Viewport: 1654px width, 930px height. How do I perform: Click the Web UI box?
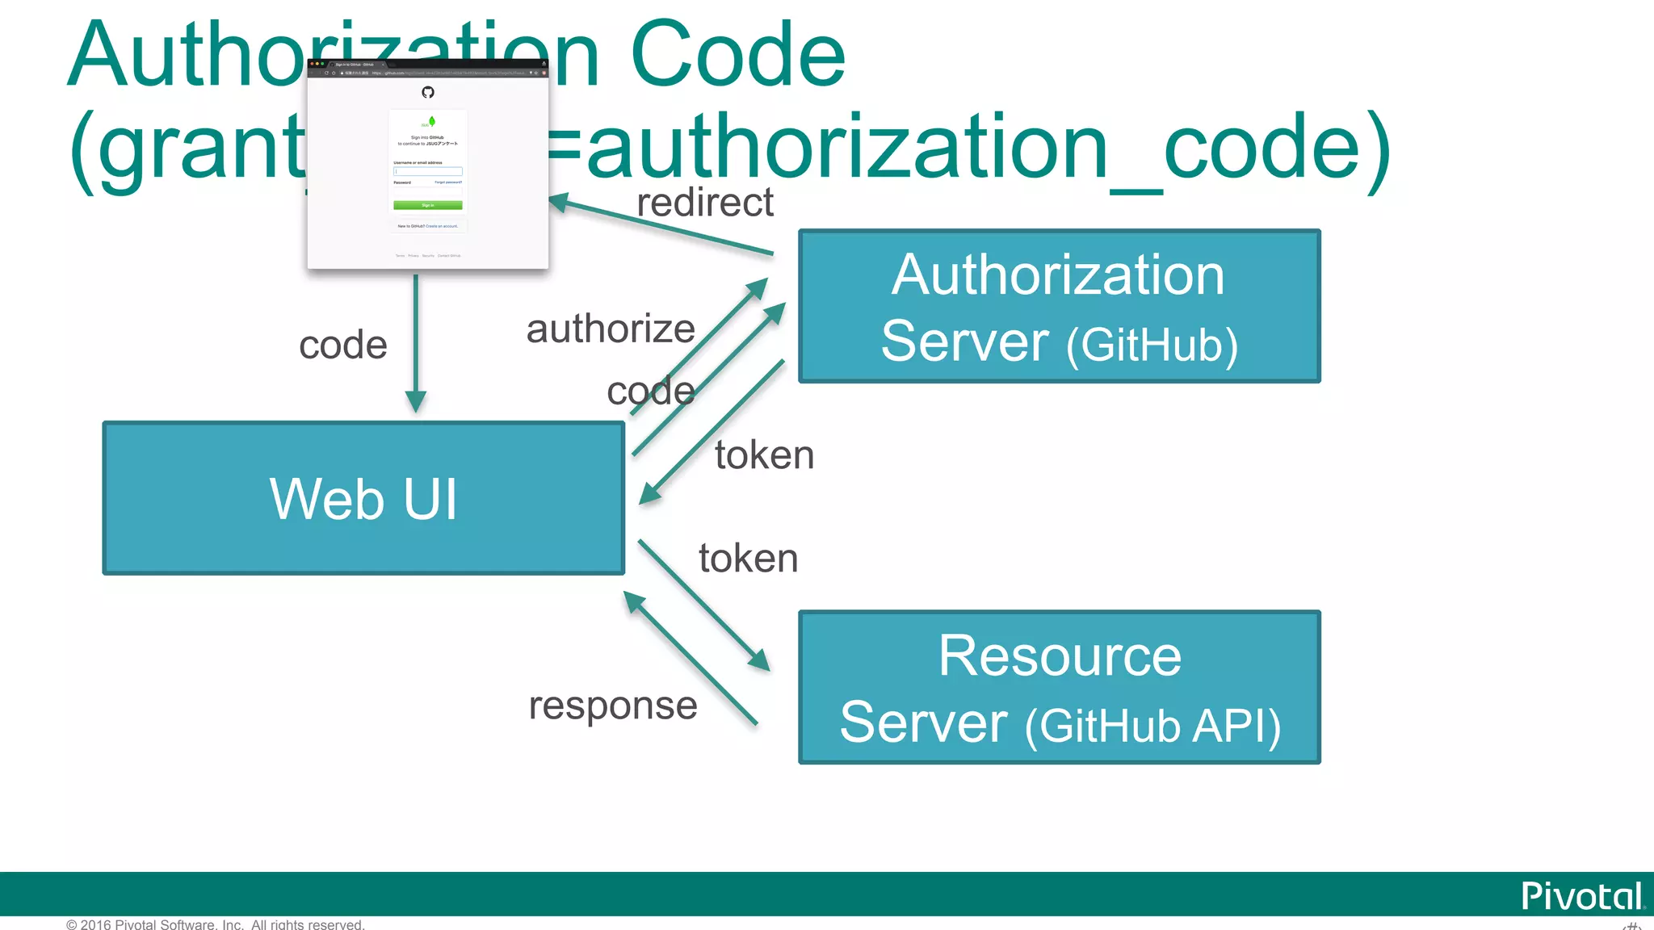[x=363, y=498]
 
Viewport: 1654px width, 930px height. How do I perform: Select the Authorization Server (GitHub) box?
[x=1059, y=306]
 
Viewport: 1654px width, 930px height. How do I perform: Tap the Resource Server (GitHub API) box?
[x=1059, y=687]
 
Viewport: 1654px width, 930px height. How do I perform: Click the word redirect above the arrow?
[x=704, y=202]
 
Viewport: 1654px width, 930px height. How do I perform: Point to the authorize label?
[x=611, y=329]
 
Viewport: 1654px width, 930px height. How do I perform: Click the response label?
[x=613, y=706]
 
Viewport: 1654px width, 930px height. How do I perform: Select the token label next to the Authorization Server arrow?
[x=764, y=455]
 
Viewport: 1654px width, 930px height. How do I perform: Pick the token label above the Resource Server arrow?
[x=748, y=558]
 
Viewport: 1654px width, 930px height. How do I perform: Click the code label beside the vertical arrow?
[x=343, y=345]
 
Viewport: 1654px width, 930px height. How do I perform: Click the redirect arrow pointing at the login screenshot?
[x=662, y=227]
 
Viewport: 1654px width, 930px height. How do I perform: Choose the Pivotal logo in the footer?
[x=1581, y=896]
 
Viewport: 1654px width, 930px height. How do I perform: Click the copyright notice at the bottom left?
[x=216, y=924]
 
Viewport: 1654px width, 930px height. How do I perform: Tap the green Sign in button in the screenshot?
[x=427, y=205]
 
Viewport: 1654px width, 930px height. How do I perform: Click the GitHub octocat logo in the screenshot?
[x=428, y=92]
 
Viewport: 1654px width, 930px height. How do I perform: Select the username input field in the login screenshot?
[x=427, y=171]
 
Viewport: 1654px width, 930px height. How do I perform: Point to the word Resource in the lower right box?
[x=1060, y=656]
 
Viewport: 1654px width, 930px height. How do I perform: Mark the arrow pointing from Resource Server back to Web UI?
[x=691, y=659]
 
